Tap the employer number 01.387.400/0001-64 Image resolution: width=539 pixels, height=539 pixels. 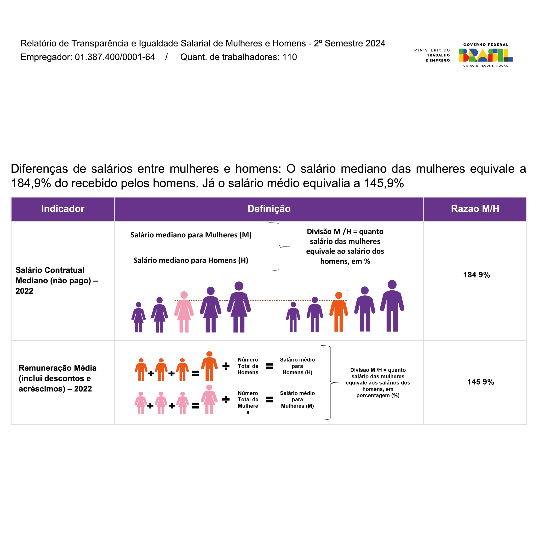click(x=115, y=57)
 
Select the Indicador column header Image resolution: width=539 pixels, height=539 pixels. click(x=63, y=209)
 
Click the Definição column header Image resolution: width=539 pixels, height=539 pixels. click(x=269, y=209)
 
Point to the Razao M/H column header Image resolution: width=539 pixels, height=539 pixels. click(x=475, y=209)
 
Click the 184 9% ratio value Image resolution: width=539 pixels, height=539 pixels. click(x=476, y=275)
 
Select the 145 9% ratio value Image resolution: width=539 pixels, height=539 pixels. click(x=480, y=382)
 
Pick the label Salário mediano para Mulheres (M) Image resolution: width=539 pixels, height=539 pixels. click(x=191, y=235)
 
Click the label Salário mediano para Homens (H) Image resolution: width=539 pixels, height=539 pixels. click(x=191, y=260)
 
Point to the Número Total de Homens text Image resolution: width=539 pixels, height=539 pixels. click(x=248, y=366)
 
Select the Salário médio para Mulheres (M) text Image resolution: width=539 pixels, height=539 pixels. click(x=297, y=399)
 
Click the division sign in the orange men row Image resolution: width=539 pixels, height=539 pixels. click(x=226, y=366)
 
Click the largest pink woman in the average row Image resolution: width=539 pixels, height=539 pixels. click(x=209, y=399)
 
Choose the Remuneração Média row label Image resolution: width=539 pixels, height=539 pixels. click(x=57, y=378)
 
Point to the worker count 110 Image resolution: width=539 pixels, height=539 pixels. click(x=289, y=57)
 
